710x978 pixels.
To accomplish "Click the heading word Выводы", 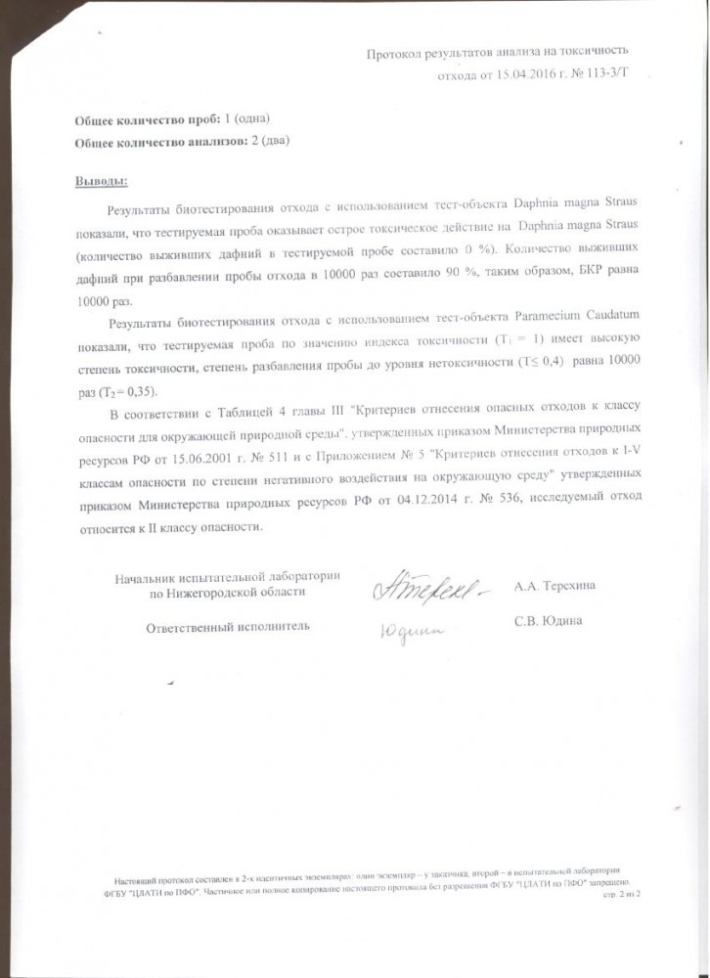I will click(x=101, y=182).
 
